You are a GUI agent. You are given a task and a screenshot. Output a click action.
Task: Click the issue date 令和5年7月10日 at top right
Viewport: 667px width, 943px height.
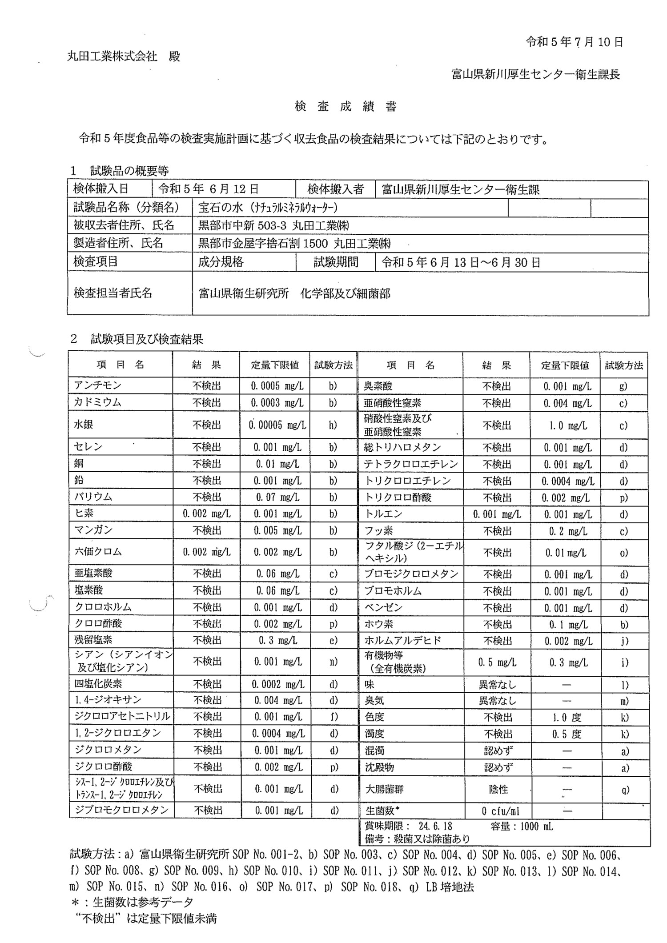574,42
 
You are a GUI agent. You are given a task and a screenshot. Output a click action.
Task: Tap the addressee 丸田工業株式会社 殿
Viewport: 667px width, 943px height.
124,56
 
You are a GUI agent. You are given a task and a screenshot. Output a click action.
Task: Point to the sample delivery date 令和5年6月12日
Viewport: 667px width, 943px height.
209,189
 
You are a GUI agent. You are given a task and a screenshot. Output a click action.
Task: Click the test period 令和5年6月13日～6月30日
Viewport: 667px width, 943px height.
461,262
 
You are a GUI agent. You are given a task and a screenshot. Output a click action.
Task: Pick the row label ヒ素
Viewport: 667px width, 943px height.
84,514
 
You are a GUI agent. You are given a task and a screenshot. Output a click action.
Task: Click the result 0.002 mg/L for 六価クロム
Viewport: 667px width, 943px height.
206,552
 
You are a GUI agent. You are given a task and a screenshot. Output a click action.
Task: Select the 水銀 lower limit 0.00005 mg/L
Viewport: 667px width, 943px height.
277,425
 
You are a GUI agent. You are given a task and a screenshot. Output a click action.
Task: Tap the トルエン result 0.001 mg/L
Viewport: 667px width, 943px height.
497,514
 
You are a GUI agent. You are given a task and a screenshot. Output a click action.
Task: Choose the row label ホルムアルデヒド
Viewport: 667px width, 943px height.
403,641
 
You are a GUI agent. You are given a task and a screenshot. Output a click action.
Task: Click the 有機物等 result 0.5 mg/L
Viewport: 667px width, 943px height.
497,662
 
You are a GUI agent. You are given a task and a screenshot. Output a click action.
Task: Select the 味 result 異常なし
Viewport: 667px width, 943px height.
497,685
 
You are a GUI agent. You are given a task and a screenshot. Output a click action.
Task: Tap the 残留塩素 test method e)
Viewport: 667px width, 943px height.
333,640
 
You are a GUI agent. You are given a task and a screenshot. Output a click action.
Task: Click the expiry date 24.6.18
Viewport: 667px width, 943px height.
435,826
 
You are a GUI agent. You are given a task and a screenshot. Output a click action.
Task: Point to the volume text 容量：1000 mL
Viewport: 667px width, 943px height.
522,826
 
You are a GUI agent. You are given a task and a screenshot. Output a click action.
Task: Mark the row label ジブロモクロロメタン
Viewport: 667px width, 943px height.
121,810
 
